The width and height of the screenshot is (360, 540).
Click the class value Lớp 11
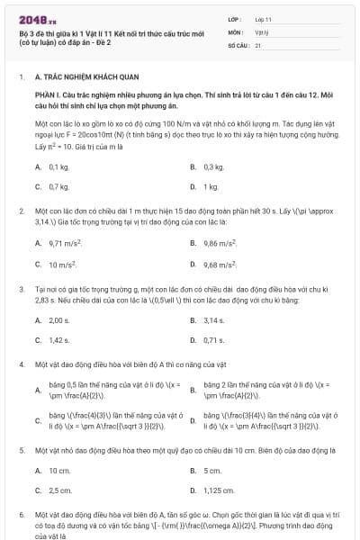[262, 18]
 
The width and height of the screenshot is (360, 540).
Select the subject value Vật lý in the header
[260, 31]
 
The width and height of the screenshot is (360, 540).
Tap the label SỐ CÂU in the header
[238, 43]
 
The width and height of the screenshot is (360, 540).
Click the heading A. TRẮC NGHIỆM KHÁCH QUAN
[75, 78]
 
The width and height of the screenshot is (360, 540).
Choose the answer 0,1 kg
[58, 167]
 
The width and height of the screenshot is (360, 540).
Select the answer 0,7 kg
[58, 186]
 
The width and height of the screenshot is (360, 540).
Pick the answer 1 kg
[211, 186]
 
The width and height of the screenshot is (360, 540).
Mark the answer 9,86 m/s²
[220, 243]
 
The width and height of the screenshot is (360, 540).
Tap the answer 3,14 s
[213, 320]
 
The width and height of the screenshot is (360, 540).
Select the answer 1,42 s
[58, 340]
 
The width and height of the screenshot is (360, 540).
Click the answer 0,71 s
[213, 340]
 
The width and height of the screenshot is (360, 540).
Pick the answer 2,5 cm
[59, 490]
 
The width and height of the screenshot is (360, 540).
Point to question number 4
[21, 366]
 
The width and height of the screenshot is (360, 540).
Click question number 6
[21, 516]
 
